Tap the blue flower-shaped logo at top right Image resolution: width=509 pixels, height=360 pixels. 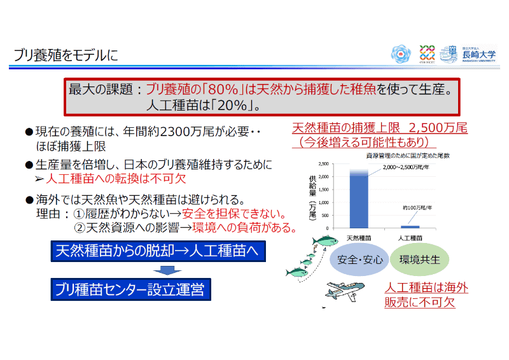(x=400, y=53)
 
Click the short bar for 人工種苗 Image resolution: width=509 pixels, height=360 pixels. (x=410, y=226)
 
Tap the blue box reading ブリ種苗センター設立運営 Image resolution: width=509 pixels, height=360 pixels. (x=130, y=290)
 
